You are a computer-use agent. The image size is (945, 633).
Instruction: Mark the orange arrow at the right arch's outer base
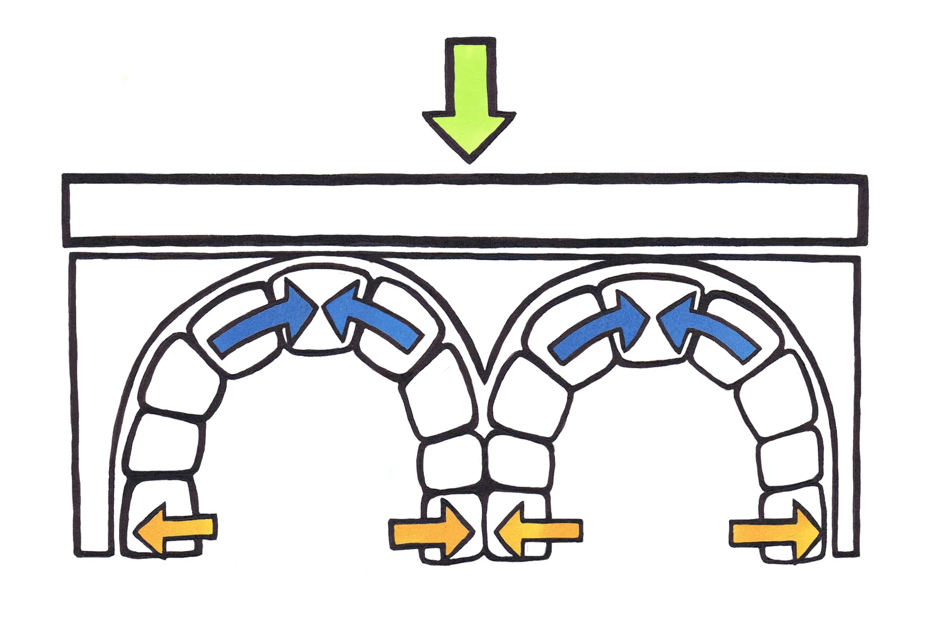coord(776,533)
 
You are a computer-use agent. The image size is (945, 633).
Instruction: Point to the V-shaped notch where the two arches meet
coord(484,375)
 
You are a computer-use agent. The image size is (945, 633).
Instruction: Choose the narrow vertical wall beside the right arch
coord(847,409)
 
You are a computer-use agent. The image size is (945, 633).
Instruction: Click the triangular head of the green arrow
coord(469,132)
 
